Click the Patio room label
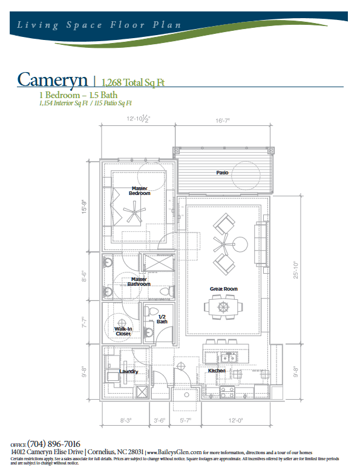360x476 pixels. point(222,173)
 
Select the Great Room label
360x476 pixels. point(224,289)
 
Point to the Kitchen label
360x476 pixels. point(217,370)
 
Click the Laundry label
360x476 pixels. point(128,371)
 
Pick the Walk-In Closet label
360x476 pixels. point(124,331)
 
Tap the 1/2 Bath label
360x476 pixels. point(162,319)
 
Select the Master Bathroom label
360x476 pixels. point(139,282)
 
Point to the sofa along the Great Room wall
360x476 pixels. point(261,243)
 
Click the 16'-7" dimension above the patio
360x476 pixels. point(221,121)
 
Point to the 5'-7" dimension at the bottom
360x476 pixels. point(186,419)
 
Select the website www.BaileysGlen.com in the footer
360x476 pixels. point(174,452)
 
